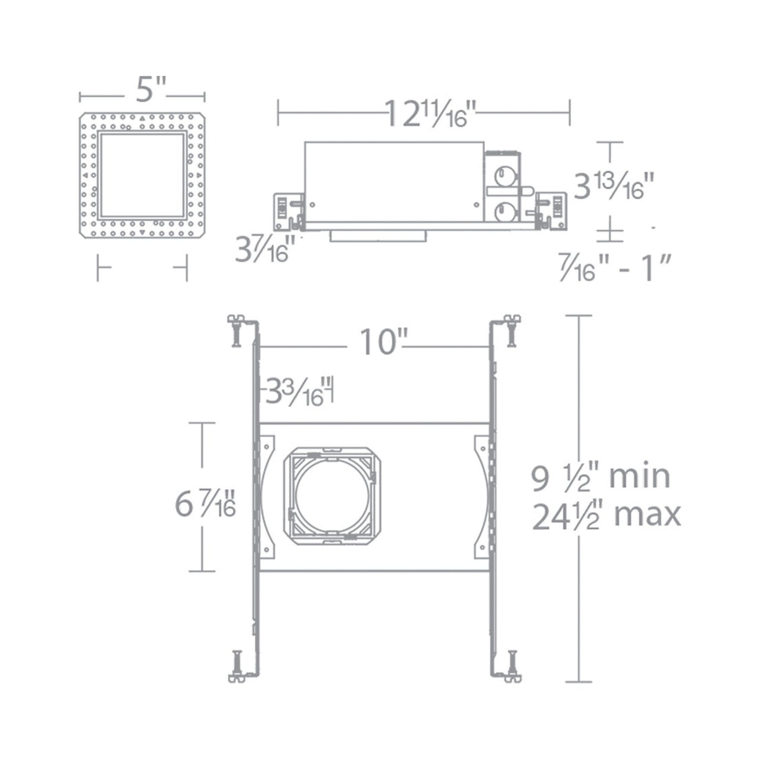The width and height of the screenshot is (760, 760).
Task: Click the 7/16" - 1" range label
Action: click(x=616, y=269)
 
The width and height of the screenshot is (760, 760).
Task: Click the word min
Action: click(x=639, y=477)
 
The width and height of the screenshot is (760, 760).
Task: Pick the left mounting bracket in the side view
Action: click(x=287, y=211)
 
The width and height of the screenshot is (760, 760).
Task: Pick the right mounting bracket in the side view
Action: click(x=552, y=211)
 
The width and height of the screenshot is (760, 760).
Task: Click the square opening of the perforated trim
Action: click(x=142, y=175)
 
